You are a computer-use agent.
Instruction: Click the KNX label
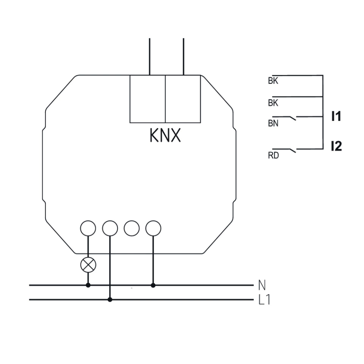click(x=165, y=135)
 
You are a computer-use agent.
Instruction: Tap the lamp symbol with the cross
click(x=88, y=265)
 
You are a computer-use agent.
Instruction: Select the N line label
click(x=262, y=285)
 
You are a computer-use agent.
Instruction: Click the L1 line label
click(x=264, y=300)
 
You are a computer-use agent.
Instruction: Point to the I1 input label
click(x=336, y=116)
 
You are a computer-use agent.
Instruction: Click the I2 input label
click(x=336, y=146)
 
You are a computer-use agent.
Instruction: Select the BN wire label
click(x=273, y=123)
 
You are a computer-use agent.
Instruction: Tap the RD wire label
click(x=273, y=155)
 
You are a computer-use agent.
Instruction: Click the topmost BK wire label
click(x=273, y=80)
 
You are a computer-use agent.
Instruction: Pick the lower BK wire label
click(x=273, y=103)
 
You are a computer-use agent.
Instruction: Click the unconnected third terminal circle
click(x=132, y=229)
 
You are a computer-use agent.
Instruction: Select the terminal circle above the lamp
click(x=88, y=229)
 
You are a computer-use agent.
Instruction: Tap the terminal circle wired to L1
click(x=110, y=229)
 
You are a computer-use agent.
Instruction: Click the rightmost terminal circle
click(x=153, y=229)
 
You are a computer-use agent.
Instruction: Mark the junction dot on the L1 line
click(x=110, y=300)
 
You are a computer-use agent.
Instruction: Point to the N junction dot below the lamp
click(x=88, y=285)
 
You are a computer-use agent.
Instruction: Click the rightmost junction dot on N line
click(x=153, y=285)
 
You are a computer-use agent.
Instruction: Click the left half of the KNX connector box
click(x=147, y=99)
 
